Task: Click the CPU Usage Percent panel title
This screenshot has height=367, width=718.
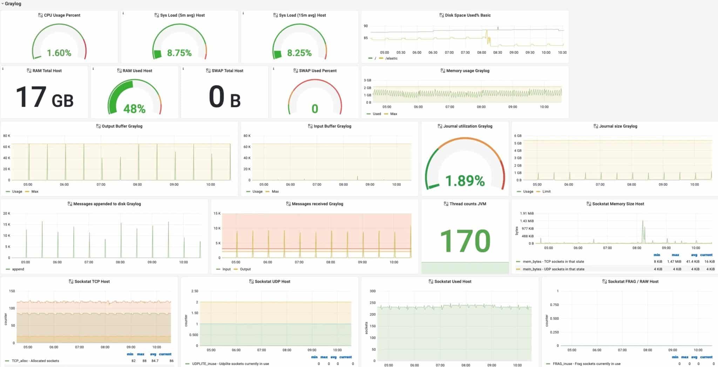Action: coord(62,15)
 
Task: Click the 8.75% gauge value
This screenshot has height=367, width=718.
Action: coord(179,53)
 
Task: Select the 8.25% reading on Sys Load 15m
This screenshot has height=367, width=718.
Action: coord(299,53)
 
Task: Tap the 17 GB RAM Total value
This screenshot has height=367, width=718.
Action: coord(45,97)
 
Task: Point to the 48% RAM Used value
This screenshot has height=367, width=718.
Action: coord(134,109)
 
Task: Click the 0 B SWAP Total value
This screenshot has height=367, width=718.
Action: coord(225,97)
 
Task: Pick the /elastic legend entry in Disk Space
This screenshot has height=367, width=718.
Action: coord(391,58)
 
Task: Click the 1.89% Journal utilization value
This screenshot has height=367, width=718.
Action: coord(465,181)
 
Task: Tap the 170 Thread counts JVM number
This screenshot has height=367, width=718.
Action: coord(465,241)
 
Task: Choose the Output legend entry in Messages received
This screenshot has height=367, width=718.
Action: coord(245,269)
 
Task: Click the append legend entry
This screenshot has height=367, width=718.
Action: coord(18,269)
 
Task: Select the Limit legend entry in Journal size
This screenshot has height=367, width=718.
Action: coord(546,191)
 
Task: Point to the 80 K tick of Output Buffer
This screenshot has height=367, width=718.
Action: coord(7,136)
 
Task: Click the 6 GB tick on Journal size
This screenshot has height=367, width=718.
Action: coord(518,136)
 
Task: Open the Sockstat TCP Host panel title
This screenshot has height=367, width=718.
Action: coord(92,281)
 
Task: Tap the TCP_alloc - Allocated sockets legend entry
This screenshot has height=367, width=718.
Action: coord(35,361)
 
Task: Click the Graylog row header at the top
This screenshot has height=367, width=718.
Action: coord(13,4)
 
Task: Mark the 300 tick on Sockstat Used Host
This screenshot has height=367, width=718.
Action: coord(373,291)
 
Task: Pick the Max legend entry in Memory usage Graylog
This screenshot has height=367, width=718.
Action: coord(393,114)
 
